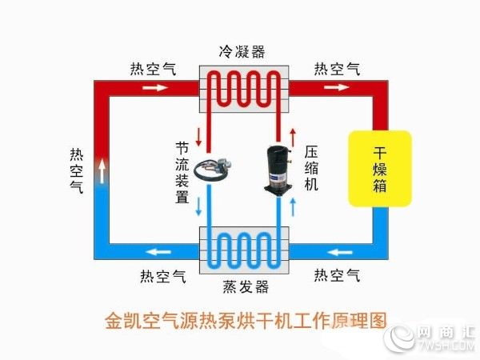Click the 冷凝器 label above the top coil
(x=242, y=52)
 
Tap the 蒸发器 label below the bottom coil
(x=246, y=287)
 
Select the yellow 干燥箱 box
(x=380, y=169)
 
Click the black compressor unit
(x=278, y=170)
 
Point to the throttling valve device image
(x=213, y=168)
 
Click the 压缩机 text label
(x=311, y=168)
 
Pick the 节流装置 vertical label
(x=182, y=172)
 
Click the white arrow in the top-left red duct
(x=155, y=88)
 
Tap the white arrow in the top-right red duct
(x=337, y=87)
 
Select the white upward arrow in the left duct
(x=102, y=171)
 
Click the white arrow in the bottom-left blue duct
(x=158, y=252)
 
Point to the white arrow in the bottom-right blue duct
(x=339, y=252)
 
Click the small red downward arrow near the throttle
(x=199, y=137)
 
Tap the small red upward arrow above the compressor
(x=294, y=137)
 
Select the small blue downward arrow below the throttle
(x=199, y=206)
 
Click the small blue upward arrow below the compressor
(x=294, y=207)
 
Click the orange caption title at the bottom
(x=246, y=321)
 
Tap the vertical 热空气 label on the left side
(x=77, y=170)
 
